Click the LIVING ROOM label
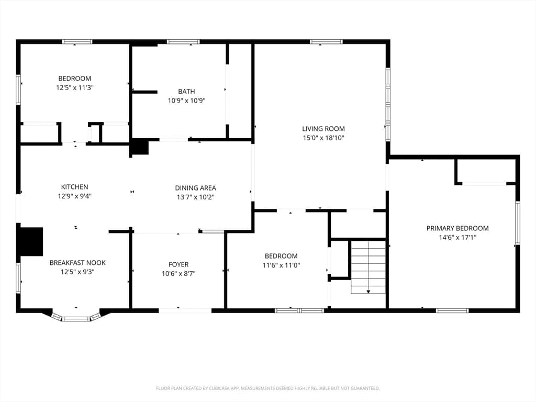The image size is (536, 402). pyautogui.click(x=323, y=129)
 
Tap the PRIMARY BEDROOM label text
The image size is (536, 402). pyautogui.click(x=457, y=228)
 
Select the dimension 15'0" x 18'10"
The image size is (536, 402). pyautogui.click(x=323, y=138)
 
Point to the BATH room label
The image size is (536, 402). pyautogui.click(x=186, y=92)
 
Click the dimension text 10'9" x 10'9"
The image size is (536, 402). pyautogui.click(x=186, y=101)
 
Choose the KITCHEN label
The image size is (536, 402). pyautogui.click(x=74, y=187)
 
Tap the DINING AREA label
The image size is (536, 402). pyautogui.click(x=196, y=188)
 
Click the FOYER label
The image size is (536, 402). pyautogui.click(x=178, y=264)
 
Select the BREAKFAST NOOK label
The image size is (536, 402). pyautogui.click(x=77, y=263)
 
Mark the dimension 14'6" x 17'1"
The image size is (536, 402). pyautogui.click(x=457, y=238)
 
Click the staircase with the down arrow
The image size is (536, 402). pyautogui.click(x=368, y=267)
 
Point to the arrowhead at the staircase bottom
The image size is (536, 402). pyautogui.click(x=368, y=292)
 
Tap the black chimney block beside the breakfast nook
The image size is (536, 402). pyautogui.click(x=31, y=241)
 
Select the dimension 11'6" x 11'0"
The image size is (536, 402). pyautogui.click(x=281, y=265)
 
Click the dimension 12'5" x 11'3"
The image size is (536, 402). pyautogui.click(x=74, y=88)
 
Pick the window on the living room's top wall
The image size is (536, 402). pyautogui.click(x=326, y=42)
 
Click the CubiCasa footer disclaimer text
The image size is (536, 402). pyautogui.click(x=267, y=388)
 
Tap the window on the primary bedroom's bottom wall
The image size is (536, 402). pyautogui.click(x=452, y=311)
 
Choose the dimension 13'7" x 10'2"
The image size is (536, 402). pyautogui.click(x=196, y=197)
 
